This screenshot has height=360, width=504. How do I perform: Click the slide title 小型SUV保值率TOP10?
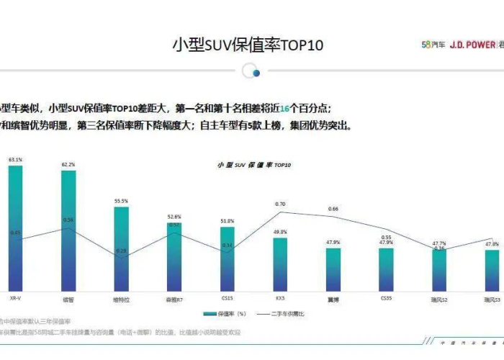click(x=248, y=45)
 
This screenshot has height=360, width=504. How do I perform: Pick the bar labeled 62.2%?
click(x=68, y=230)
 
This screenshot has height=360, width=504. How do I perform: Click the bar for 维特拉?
click(x=121, y=248)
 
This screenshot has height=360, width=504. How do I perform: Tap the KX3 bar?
click(x=280, y=263)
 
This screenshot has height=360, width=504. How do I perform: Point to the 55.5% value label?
click(x=121, y=202)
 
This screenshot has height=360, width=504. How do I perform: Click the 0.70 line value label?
click(x=280, y=204)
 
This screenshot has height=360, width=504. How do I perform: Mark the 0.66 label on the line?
click(x=333, y=209)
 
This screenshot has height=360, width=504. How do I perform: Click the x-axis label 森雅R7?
click(x=174, y=297)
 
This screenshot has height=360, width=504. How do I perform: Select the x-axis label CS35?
click(x=386, y=297)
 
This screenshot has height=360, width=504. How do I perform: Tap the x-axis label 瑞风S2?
click(x=439, y=297)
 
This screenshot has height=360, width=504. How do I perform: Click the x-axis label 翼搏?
click(x=333, y=297)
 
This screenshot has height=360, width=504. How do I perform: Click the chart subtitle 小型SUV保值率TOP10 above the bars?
click(x=254, y=165)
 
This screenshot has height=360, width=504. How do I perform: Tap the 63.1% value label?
click(x=15, y=159)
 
